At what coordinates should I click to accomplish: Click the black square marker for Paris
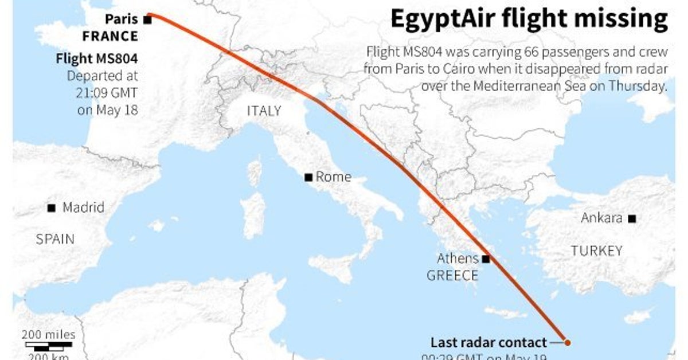tap(147, 19)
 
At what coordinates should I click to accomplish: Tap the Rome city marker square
tap(309, 177)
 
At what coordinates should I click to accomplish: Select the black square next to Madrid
tap(52, 208)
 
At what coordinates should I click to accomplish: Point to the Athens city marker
tap(486, 259)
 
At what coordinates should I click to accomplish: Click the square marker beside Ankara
tap(632, 218)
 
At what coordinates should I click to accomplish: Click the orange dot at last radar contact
tap(567, 343)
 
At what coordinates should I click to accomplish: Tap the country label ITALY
tap(264, 111)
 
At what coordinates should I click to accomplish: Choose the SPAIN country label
tap(55, 239)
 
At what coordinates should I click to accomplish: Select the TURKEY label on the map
tap(596, 251)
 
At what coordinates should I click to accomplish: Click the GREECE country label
tap(452, 275)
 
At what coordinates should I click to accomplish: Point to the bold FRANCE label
tap(110, 37)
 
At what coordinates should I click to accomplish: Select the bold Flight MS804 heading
tap(97, 58)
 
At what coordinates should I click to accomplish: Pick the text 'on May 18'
tap(108, 110)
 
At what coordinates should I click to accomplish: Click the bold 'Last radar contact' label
tap(488, 343)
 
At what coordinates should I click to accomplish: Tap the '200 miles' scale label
tap(48, 335)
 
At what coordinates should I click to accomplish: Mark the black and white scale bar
tap(49, 346)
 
